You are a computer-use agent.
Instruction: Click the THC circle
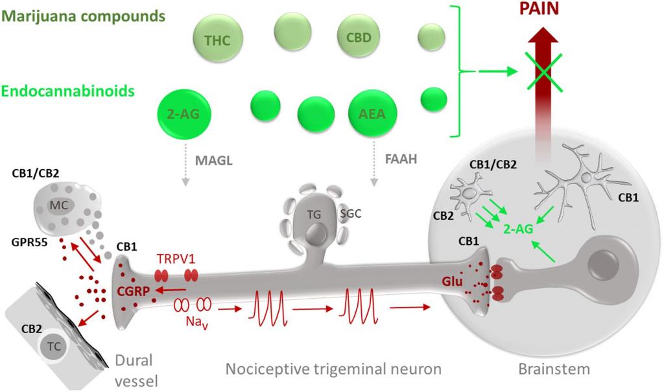218,40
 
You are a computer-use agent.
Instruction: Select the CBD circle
358,37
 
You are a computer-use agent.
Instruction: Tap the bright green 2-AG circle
184,113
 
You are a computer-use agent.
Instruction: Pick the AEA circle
372,113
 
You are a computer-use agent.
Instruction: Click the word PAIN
539,8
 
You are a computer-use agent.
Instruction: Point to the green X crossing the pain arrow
544,71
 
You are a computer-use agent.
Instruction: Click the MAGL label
214,161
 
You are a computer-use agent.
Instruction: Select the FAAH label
401,159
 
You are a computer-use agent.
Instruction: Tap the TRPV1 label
176,259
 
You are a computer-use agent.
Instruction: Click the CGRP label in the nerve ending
134,292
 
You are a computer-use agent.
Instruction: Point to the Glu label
452,281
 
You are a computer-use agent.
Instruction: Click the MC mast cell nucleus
59,206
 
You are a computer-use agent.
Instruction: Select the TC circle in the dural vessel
54,347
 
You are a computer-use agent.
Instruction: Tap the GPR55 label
30,242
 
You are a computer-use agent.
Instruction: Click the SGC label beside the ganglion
351,213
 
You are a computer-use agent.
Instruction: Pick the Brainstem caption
554,369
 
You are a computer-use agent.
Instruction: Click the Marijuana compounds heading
83,16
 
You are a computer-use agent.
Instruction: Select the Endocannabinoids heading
67,91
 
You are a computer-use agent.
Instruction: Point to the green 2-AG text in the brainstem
518,229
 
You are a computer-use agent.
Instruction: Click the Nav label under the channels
197,322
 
